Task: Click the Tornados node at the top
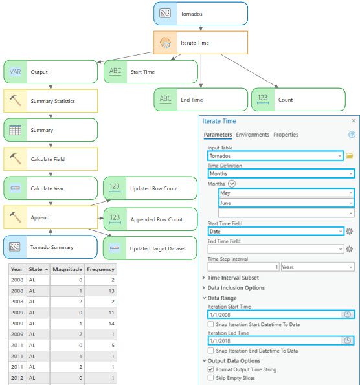(x=201, y=14)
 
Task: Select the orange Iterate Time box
(x=201, y=43)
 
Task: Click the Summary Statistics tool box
(x=51, y=101)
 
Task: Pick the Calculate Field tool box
(x=51, y=159)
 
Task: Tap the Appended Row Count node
(x=150, y=219)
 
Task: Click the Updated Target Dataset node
(x=150, y=248)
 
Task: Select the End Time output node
(x=201, y=100)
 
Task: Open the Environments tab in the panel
(x=253, y=135)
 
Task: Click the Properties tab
(x=286, y=135)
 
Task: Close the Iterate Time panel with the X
(x=354, y=121)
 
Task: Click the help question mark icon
(x=352, y=135)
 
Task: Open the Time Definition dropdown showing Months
(x=281, y=173)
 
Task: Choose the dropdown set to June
(x=286, y=203)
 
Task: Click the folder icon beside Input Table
(x=350, y=156)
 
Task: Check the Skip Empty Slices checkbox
(x=210, y=378)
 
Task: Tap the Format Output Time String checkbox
(x=210, y=369)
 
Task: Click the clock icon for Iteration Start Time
(x=347, y=314)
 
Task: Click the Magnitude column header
(x=67, y=269)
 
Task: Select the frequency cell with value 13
(x=100, y=291)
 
